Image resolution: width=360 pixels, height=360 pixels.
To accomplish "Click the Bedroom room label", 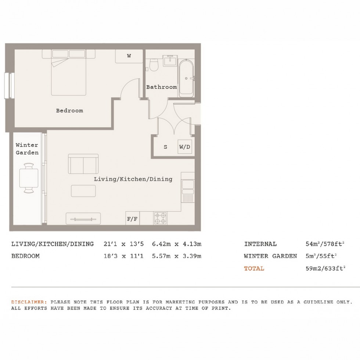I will click(x=69, y=110).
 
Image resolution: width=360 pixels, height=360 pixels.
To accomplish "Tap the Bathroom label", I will click(x=161, y=87).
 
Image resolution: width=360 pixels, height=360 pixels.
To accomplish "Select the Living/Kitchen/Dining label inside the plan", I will click(x=133, y=179).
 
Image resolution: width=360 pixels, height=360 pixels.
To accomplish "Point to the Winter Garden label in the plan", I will click(x=27, y=149).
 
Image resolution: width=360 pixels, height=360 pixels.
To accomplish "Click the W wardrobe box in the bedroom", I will click(x=129, y=56).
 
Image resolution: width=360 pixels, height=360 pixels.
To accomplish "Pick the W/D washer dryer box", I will click(x=185, y=147).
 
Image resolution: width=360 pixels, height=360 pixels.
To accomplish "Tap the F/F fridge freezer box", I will click(x=132, y=219).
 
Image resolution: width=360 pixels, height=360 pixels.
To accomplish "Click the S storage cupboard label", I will click(x=165, y=147).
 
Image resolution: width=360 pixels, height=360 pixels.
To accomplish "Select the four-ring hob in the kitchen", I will click(x=160, y=218).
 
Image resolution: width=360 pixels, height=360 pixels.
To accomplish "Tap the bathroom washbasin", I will click(x=170, y=60).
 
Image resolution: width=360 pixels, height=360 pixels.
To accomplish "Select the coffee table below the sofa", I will click(x=83, y=191).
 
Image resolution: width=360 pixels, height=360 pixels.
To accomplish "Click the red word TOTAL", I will click(x=254, y=268).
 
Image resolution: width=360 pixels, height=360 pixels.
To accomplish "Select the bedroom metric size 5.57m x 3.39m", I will click(x=176, y=256).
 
